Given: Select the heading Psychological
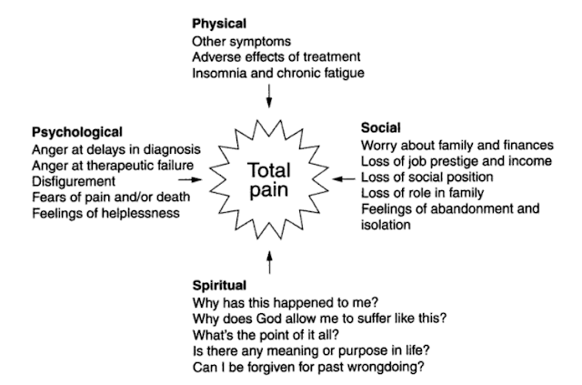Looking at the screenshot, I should coord(76,132).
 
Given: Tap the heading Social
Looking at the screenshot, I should coord(381,127).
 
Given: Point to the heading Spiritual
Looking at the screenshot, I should coord(221,286).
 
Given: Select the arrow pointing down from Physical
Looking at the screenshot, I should coord(268,95).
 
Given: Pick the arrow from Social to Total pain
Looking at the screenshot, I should coord(343,179).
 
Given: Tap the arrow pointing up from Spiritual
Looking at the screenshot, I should coord(268,263).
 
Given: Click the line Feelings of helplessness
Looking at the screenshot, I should coord(105,213).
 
